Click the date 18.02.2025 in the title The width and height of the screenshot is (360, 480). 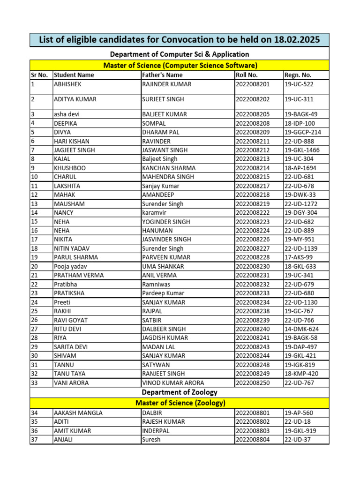[x=295, y=40]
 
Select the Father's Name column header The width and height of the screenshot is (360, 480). [x=162, y=75]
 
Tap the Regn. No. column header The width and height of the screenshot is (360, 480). [x=298, y=75]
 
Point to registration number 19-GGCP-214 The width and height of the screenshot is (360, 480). [x=303, y=132]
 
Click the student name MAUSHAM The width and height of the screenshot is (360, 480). [x=69, y=204]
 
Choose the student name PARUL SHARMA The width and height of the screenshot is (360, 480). [x=76, y=257]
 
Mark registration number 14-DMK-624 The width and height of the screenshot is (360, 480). [x=301, y=329]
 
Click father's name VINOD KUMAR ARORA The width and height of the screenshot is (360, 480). [x=173, y=382]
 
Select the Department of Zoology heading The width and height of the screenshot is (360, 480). [x=180, y=392]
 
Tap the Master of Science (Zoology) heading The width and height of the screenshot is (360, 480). [x=180, y=403]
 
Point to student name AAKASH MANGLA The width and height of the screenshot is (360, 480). [x=78, y=413]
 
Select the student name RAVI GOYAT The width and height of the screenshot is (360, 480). [x=71, y=320]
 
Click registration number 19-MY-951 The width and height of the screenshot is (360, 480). [x=300, y=240]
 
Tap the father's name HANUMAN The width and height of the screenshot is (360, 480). [x=157, y=231]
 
